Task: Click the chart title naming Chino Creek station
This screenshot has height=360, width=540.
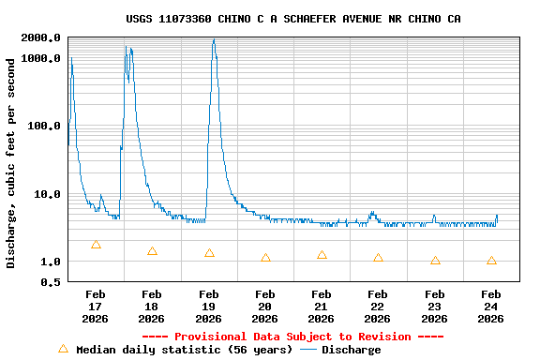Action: [x=292, y=19]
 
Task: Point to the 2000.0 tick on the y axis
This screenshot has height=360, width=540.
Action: [x=41, y=37]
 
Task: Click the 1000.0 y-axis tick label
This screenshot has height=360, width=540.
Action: [x=41, y=58]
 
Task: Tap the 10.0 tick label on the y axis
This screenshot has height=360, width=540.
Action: [x=48, y=194]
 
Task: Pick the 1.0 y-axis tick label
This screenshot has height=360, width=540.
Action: [x=52, y=262]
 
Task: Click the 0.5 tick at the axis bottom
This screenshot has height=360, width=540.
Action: [x=52, y=281]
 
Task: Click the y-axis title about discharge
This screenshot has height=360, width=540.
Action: [x=11, y=163]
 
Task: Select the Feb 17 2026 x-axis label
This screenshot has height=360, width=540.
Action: [x=96, y=307]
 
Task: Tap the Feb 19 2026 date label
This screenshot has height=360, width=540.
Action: [x=208, y=307]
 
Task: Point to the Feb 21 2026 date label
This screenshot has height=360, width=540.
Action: [x=322, y=307]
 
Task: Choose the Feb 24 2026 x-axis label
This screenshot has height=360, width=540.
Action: [x=490, y=307]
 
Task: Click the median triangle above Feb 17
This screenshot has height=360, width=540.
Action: [x=96, y=245]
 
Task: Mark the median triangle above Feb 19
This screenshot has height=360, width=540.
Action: [x=209, y=253]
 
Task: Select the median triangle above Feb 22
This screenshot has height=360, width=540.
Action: [x=378, y=258]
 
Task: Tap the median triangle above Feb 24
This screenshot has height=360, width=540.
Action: [x=491, y=261]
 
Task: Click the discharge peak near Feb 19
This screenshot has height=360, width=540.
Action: [x=214, y=39]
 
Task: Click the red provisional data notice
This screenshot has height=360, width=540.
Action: [x=292, y=337]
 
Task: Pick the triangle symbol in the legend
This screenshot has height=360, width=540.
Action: [x=63, y=349]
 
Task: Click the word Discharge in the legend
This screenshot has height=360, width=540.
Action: [x=352, y=350]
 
